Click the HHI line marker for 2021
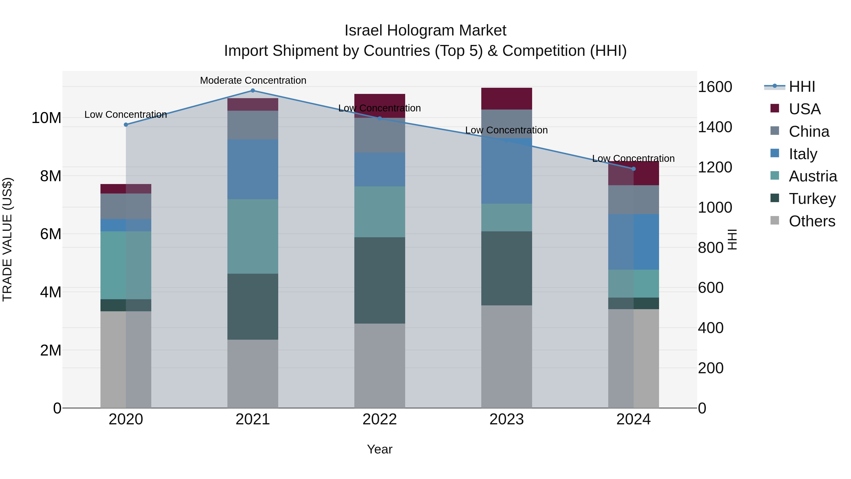pyautogui.click(x=253, y=90)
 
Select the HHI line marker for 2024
pyautogui.click(x=633, y=169)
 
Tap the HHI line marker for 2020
pyautogui.click(x=126, y=125)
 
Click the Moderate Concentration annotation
pyautogui.click(x=253, y=80)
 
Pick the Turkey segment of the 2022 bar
pyautogui.click(x=380, y=280)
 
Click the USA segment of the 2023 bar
pyautogui.click(x=506, y=98)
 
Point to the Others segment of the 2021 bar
pyautogui.click(x=253, y=374)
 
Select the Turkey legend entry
pyautogui.click(x=812, y=199)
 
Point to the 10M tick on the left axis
pyautogui.click(x=46, y=118)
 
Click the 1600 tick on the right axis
pyautogui.click(x=715, y=87)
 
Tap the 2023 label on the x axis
pyautogui.click(x=506, y=419)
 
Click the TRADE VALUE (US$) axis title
pyautogui.click(x=7, y=239)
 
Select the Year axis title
pyautogui.click(x=380, y=449)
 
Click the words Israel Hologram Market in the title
pyautogui.click(x=425, y=31)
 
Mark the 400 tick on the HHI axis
pyautogui.click(x=711, y=328)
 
